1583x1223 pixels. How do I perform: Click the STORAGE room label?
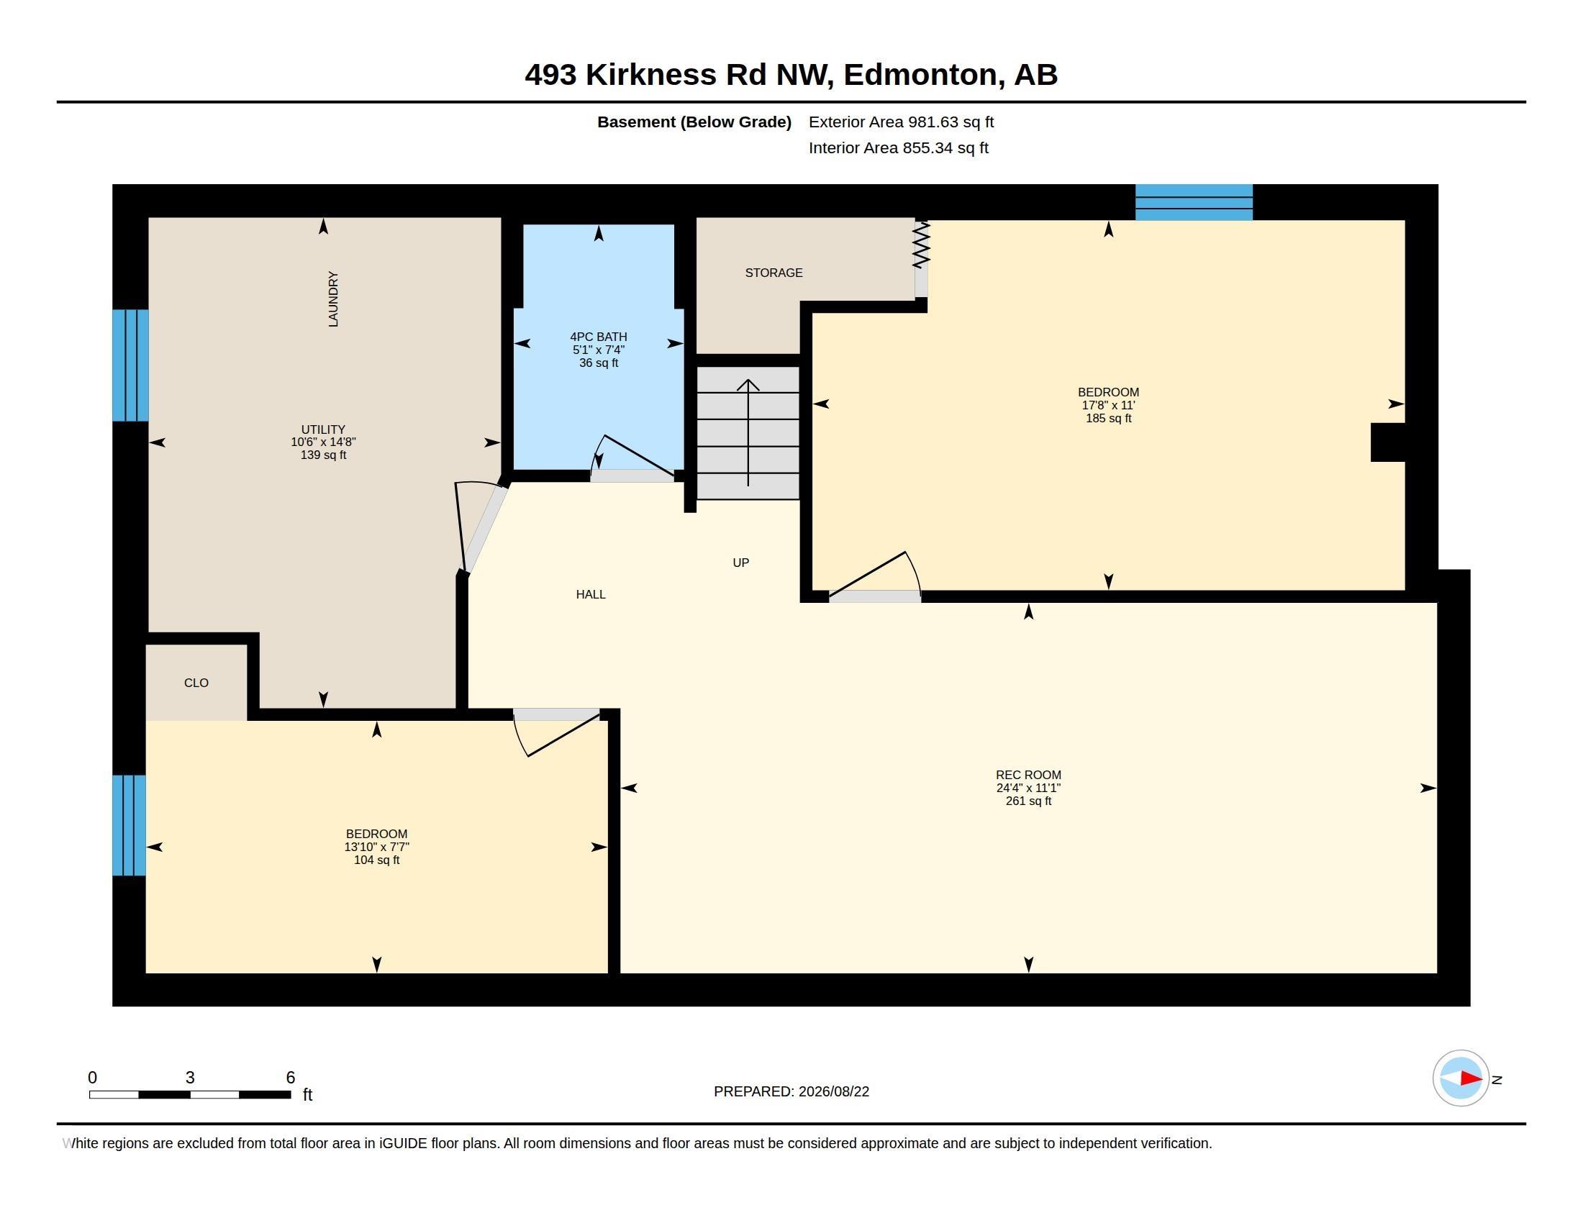point(774,273)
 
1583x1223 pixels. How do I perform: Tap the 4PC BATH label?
point(599,337)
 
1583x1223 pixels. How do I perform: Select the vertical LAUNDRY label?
point(333,299)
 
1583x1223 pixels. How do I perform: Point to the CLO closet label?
point(196,683)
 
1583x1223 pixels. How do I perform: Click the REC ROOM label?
point(1028,775)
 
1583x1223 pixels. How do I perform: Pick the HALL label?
point(591,595)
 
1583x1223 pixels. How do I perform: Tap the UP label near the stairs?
point(740,563)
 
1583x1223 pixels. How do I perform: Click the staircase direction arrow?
point(748,432)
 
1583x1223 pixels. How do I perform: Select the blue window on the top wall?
point(1194,202)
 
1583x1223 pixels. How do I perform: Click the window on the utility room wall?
point(130,365)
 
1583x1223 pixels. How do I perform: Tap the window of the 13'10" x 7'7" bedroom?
point(129,825)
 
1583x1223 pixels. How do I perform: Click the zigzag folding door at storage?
point(921,244)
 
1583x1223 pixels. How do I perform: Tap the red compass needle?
point(1471,1078)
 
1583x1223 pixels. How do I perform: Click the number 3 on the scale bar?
point(190,1078)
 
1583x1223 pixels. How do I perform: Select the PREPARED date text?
point(792,1091)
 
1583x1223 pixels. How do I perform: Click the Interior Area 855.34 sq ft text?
point(899,147)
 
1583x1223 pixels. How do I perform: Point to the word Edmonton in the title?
point(920,76)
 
